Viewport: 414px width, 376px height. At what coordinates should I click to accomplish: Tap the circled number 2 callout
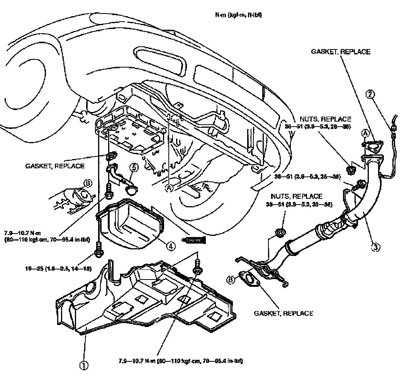click(371, 94)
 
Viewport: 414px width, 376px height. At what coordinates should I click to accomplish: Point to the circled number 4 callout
click(170, 245)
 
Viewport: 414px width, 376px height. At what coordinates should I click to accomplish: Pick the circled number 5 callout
click(134, 168)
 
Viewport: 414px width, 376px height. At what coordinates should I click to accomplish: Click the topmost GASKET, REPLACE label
click(341, 52)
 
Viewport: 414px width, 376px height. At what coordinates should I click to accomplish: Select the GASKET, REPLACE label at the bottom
click(283, 313)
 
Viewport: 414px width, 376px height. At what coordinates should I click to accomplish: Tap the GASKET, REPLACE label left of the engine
click(55, 166)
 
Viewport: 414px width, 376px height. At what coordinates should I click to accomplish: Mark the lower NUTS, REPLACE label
click(302, 196)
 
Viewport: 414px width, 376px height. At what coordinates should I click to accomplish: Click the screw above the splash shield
click(197, 267)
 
